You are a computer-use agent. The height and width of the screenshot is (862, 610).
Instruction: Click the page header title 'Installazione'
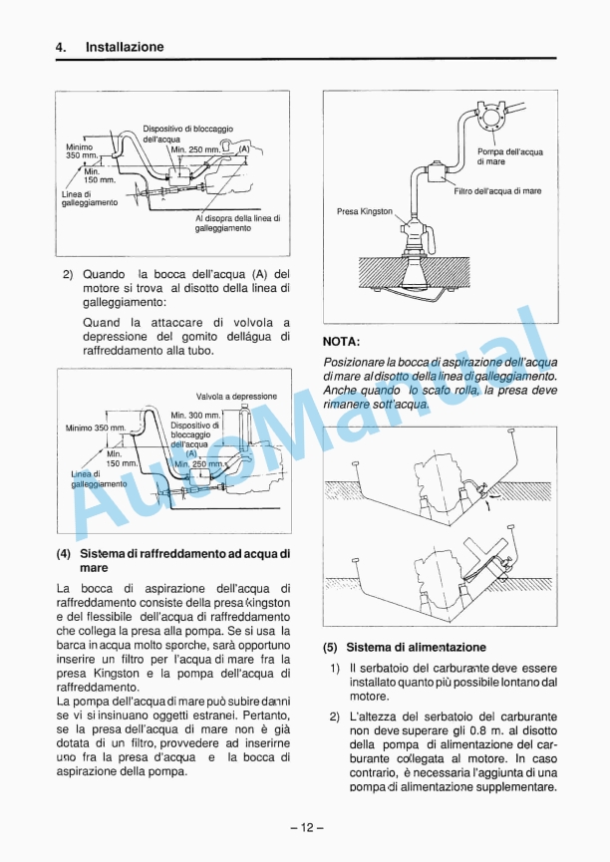click(125, 47)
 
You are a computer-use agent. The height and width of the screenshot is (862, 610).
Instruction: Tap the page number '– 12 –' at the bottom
click(306, 827)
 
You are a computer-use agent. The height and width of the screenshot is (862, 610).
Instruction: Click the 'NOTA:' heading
click(342, 341)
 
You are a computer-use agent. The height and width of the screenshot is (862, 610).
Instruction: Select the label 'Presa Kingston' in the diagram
click(365, 211)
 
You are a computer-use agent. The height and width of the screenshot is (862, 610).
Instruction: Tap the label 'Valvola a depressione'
click(236, 396)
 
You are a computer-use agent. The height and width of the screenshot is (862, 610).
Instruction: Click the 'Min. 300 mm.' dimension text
click(195, 415)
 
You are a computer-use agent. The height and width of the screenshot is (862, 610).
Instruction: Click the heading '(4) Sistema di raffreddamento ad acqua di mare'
click(173, 559)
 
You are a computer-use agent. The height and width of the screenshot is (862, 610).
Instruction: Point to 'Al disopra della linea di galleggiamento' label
click(237, 223)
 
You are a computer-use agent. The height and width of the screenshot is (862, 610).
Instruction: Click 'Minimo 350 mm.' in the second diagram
click(96, 429)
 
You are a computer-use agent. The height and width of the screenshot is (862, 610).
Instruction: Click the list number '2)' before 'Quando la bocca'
click(68, 274)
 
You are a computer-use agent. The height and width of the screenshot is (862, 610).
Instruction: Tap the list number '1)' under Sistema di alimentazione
click(335, 669)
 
